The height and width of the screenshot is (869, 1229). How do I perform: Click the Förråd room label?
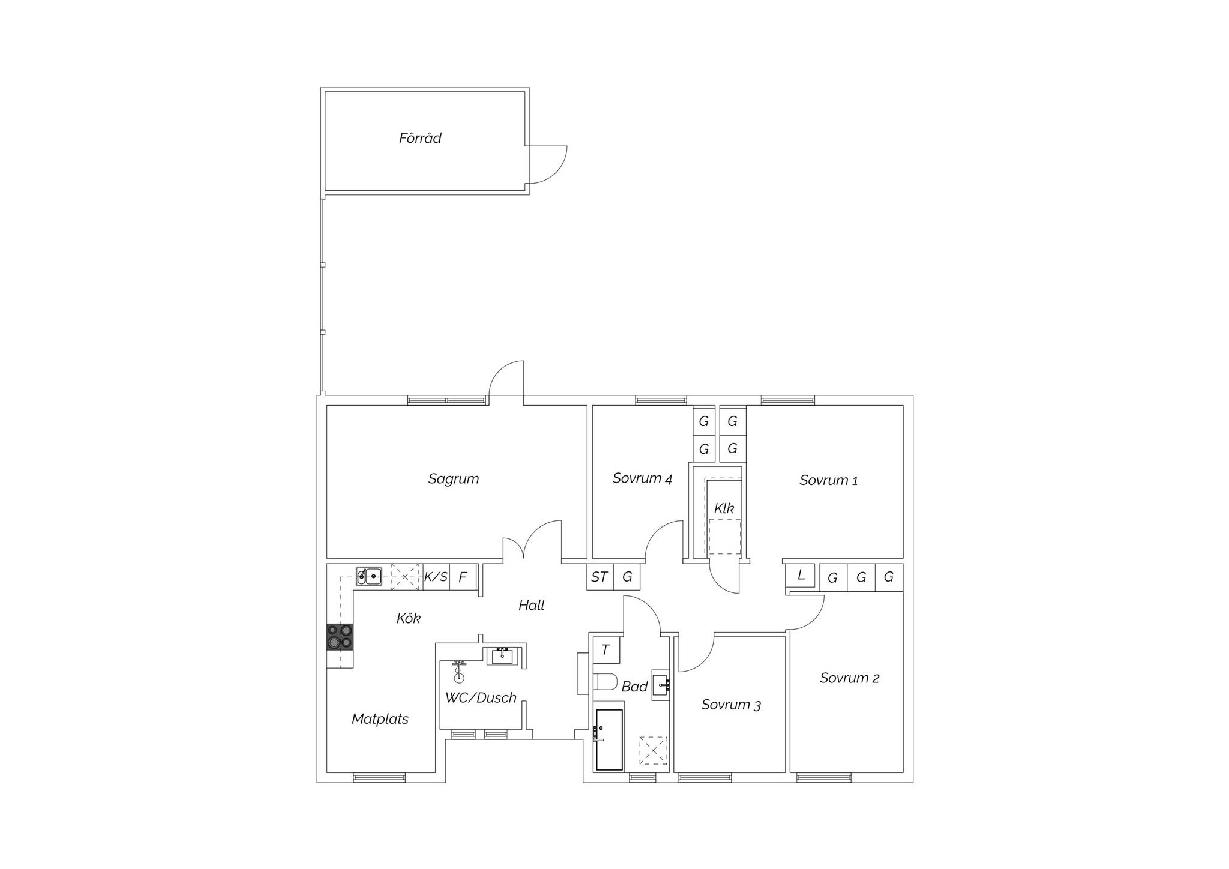[x=420, y=138]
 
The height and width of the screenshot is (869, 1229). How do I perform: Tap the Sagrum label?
[x=454, y=479]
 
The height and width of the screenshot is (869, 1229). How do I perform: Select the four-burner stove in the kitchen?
[x=340, y=637]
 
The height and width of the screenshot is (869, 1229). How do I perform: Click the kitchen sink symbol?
[x=369, y=577]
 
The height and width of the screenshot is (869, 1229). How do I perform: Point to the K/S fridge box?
[x=436, y=577]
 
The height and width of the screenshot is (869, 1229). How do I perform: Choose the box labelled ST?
[x=600, y=577]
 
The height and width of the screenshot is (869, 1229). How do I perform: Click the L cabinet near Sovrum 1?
[x=801, y=575]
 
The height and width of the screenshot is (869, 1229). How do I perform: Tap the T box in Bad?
[x=606, y=649]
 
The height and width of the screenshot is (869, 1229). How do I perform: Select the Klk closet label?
[x=724, y=508]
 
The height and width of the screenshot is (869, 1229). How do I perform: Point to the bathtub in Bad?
[x=609, y=740]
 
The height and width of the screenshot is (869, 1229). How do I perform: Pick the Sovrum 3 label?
[x=731, y=705]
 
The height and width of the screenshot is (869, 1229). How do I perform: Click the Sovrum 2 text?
[x=849, y=678]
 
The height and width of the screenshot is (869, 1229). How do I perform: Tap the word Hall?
[x=532, y=606]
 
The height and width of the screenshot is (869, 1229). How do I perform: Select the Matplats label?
[x=380, y=719]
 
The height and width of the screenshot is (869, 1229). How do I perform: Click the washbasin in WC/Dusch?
[x=503, y=657]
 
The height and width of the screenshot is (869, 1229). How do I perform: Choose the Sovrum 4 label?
[x=642, y=478]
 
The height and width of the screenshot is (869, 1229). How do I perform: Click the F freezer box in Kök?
[x=463, y=577]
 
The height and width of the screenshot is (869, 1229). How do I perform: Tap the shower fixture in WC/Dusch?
[x=459, y=671]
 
